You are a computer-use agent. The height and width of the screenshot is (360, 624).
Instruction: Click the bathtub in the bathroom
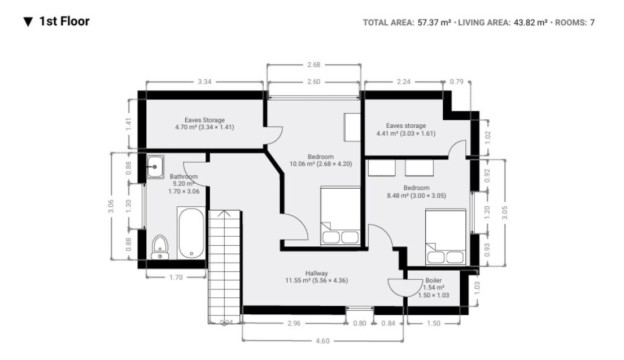pyautogui.click(x=191, y=233)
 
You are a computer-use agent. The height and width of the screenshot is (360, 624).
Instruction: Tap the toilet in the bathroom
pyautogui.click(x=160, y=248)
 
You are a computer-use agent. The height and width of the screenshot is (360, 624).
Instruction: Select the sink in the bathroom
pyautogui.click(x=155, y=167)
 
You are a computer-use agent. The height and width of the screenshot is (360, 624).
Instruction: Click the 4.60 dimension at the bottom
pyautogui.click(x=322, y=341)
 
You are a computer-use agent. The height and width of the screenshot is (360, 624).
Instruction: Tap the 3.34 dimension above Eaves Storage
pyautogui.click(x=204, y=81)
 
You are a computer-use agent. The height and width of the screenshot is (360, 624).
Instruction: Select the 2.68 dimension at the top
pyautogui.click(x=313, y=64)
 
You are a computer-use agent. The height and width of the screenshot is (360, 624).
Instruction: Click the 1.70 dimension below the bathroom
pyautogui.click(x=176, y=277)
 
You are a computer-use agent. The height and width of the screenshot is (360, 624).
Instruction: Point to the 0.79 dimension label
pyautogui.click(x=456, y=81)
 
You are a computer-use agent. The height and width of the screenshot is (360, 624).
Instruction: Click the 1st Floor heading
pyautogui.click(x=64, y=21)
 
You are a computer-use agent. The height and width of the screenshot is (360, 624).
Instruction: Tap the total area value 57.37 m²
pyautogui.click(x=434, y=22)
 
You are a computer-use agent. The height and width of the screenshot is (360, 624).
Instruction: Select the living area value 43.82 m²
pyautogui.click(x=530, y=22)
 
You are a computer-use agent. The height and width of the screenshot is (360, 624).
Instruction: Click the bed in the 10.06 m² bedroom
pyautogui.click(x=341, y=215)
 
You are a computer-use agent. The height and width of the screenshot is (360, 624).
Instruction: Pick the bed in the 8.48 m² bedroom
pyautogui.click(x=446, y=237)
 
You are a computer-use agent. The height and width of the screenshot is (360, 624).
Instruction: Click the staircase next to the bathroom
pyautogui.click(x=225, y=266)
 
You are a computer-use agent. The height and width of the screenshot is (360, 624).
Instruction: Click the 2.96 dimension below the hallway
pyautogui.click(x=294, y=323)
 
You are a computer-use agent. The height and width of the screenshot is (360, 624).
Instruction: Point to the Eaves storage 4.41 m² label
pyautogui.click(x=406, y=129)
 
